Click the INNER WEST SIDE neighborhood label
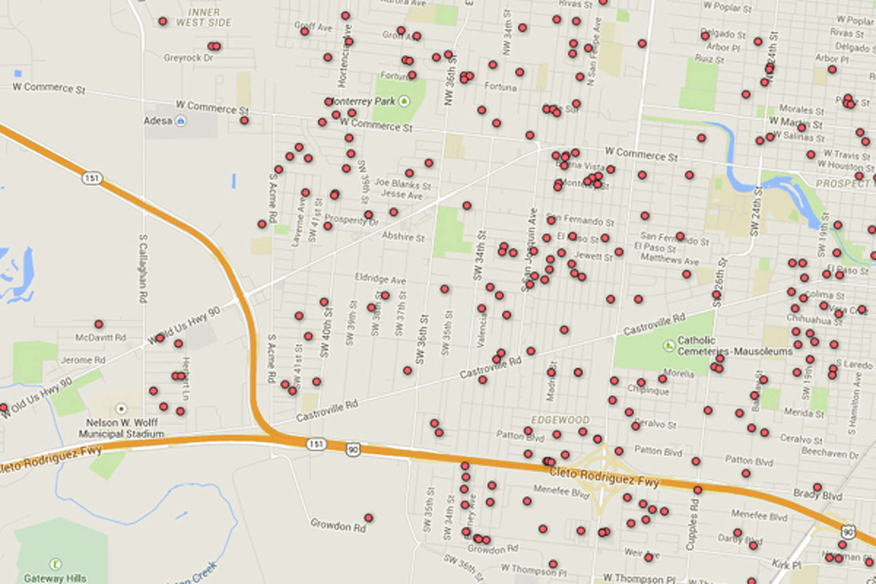click(x=203, y=17)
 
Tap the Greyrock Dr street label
click(x=188, y=58)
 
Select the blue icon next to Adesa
click(x=181, y=121)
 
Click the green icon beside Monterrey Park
click(x=404, y=101)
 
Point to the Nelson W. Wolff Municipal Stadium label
click(x=121, y=428)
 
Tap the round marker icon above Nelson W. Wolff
click(x=121, y=408)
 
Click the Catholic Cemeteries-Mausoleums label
click(x=735, y=346)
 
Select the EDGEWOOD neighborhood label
click(x=560, y=420)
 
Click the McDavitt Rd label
click(x=100, y=338)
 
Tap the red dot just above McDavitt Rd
click(x=99, y=324)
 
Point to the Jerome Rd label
click(x=83, y=360)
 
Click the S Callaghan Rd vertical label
click(x=143, y=269)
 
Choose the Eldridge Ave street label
click(x=380, y=278)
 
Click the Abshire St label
click(x=403, y=236)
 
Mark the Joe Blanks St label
click(x=402, y=184)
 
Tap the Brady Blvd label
click(x=818, y=495)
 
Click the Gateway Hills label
click(x=55, y=578)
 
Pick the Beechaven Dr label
click(x=830, y=454)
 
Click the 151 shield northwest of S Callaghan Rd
click(x=92, y=177)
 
